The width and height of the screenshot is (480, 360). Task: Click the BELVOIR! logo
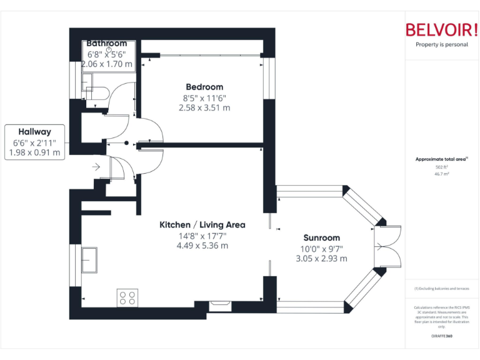tap(441, 29)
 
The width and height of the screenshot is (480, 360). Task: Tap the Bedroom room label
tap(204, 87)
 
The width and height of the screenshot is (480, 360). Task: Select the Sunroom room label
tap(321, 237)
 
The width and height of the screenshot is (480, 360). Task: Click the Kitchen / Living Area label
tap(202, 224)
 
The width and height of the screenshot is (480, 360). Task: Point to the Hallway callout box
tap(34, 142)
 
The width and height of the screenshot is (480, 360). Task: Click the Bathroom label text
tap(106, 43)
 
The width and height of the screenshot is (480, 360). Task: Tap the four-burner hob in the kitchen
tap(127, 297)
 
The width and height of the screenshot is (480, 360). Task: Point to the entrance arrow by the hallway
tap(96, 167)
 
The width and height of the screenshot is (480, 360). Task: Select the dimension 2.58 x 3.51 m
tap(204, 107)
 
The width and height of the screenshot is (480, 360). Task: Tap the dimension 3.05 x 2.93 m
tap(321, 258)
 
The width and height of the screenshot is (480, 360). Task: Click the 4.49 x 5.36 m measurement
tap(202, 245)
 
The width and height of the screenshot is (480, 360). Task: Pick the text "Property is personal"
tap(441, 44)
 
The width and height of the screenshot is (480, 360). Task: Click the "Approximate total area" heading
tap(441, 159)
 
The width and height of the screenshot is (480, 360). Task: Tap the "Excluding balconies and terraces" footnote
tap(441, 288)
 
